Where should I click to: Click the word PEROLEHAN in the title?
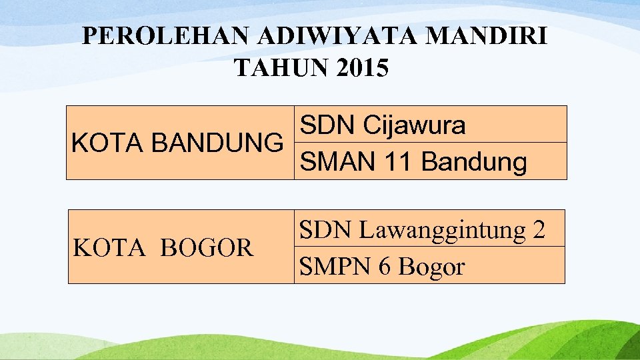[166, 37]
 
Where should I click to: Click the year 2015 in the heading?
[362, 68]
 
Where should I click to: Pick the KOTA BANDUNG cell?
[177, 143]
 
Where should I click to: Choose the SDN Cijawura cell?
[430, 125]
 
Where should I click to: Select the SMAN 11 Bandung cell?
[430, 161]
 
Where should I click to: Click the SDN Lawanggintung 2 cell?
[429, 229]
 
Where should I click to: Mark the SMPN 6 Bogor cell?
[429, 266]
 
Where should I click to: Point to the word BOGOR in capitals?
[207, 248]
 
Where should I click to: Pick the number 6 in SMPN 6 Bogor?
[383, 267]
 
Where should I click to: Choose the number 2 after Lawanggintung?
[539, 230]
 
